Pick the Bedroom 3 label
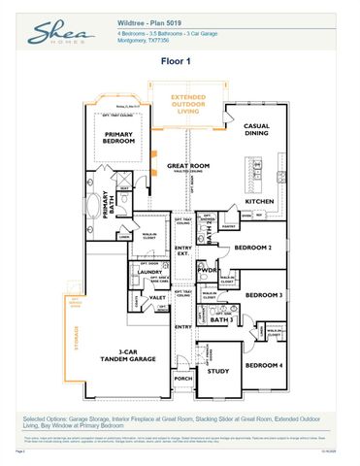coord(263,295)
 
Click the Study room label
coord(217,370)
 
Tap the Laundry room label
coord(148,273)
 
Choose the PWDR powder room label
coord(207,271)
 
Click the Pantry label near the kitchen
coord(229,226)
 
